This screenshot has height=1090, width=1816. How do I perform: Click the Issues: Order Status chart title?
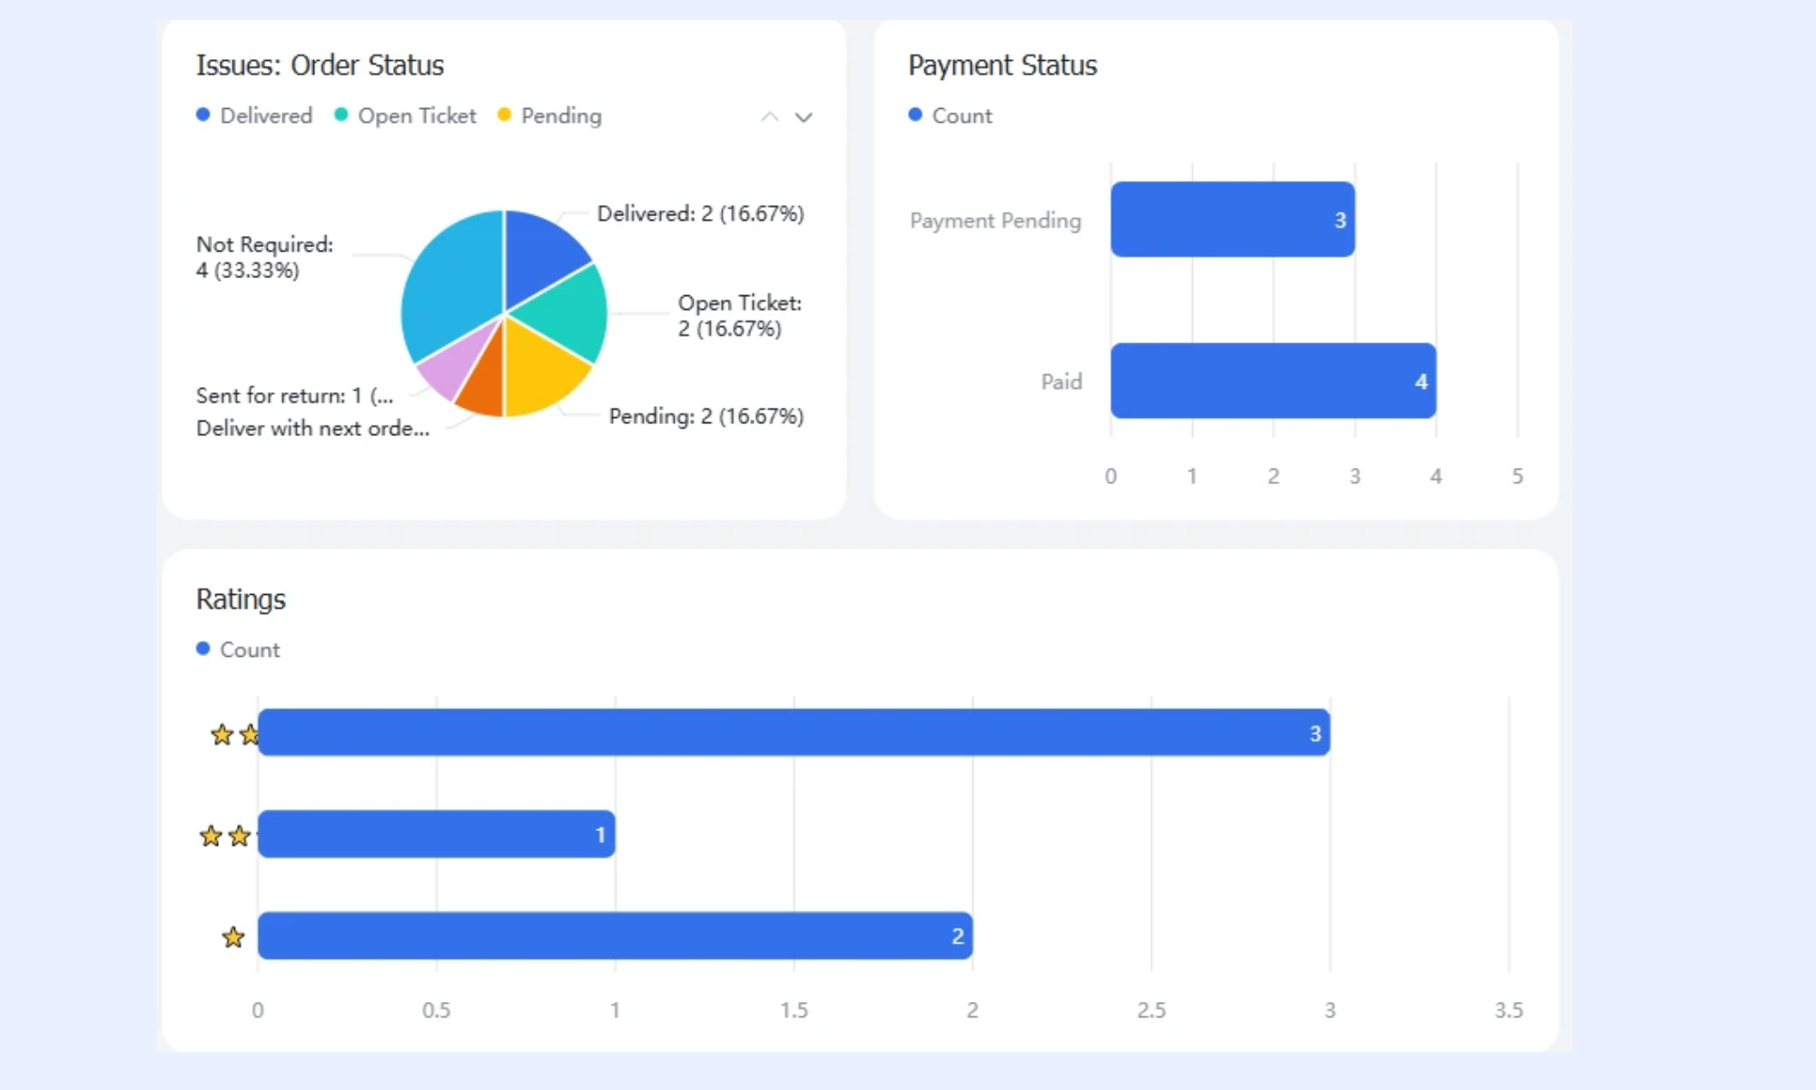pyautogui.click(x=320, y=65)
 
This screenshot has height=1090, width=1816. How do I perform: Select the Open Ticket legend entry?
pyautogui.click(x=405, y=115)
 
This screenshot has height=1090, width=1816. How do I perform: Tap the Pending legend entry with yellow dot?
pyautogui.click(x=549, y=115)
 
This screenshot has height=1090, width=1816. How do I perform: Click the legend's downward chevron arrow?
pyautogui.click(x=804, y=117)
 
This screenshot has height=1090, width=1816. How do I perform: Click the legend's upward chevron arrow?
pyautogui.click(x=770, y=117)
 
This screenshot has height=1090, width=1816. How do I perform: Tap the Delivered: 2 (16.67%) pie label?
pyautogui.click(x=700, y=213)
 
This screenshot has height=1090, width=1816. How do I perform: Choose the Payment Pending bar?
pyautogui.click(x=1232, y=219)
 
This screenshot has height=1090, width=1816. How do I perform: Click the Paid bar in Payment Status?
pyautogui.click(x=1273, y=381)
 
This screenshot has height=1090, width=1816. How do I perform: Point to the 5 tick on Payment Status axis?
pyautogui.click(x=1517, y=476)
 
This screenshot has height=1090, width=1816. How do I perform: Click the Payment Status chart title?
pyautogui.click(x=1002, y=65)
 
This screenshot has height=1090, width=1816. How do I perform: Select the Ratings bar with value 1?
pyautogui.click(x=437, y=834)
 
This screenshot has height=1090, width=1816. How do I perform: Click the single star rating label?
pyautogui.click(x=233, y=936)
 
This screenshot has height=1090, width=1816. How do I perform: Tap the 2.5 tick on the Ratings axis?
pyautogui.click(x=1151, y=1010)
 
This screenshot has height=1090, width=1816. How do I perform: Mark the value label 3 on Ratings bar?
pyautogui.click(x=1315, y=733)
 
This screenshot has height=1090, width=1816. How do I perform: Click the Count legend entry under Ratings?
pyautogui.click(x=238, y=649)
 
